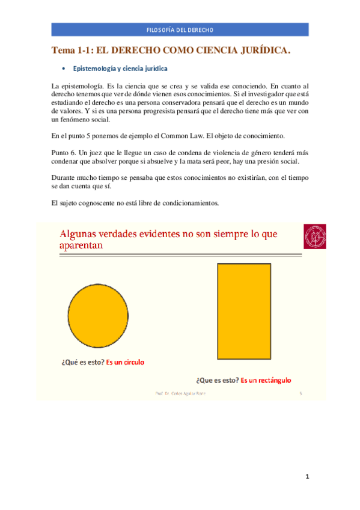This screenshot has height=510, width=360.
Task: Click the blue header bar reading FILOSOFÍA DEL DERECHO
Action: point(180,29)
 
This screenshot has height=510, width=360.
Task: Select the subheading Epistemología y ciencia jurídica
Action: point(120,69)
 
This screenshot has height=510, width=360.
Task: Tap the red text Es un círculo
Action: point(125,362)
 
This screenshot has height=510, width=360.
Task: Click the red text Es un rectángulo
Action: point(266,380)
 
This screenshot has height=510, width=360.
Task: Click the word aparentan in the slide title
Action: point(82,246)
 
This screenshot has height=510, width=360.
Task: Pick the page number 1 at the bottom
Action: point(307,477)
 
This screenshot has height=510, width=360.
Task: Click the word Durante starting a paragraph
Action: point(66,178)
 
